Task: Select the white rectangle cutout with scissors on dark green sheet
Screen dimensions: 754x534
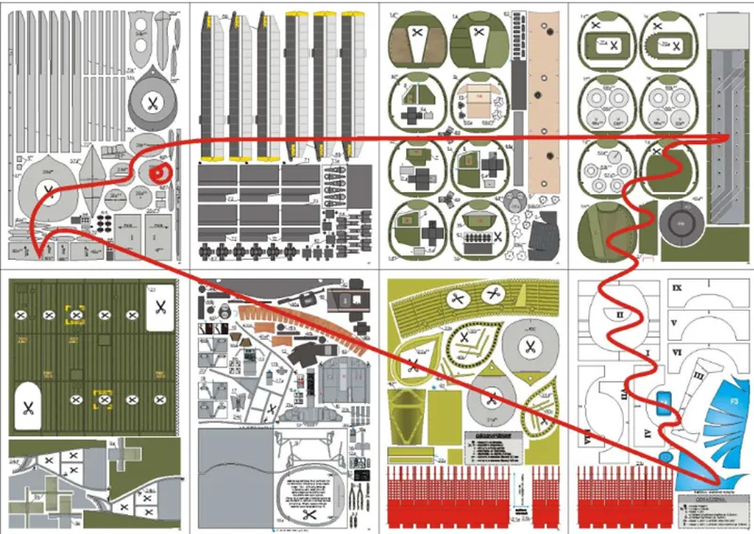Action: (158, 304)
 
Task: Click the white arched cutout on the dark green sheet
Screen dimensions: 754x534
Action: (28, 407)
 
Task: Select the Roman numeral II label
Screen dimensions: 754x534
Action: (620, 312)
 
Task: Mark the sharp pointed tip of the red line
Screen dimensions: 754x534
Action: (34, 255)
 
